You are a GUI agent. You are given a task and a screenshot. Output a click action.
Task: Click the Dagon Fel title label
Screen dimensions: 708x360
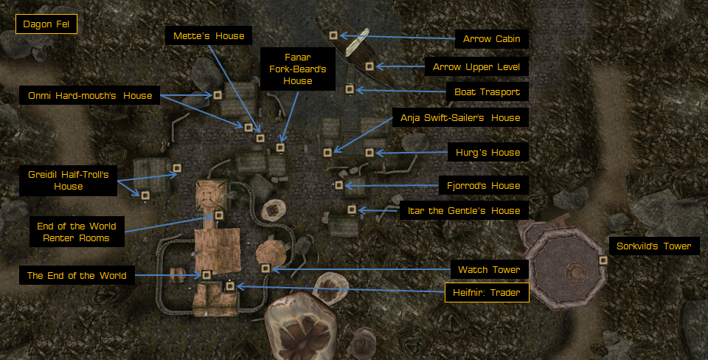pos(46,25)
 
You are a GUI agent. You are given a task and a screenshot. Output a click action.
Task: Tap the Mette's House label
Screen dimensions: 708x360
pos(209,35)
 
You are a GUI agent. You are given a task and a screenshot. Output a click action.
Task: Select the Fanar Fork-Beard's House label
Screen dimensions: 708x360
pos(298,69)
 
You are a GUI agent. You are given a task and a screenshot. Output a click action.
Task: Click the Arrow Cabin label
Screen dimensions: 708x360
pos(491,38)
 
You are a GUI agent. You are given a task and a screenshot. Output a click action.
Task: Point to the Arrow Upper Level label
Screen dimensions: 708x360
pos(476,67)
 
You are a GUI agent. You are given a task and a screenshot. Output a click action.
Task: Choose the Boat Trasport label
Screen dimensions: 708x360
pos(487,92)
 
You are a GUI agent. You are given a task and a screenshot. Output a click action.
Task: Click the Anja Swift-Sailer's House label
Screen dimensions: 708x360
pos(459,117)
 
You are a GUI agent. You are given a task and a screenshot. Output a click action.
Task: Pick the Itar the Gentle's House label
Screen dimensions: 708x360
pos(464,211)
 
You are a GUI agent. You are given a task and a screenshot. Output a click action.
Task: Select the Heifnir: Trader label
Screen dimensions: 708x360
pos(487,293)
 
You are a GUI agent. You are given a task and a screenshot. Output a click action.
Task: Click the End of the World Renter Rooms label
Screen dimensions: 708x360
pos(76,232)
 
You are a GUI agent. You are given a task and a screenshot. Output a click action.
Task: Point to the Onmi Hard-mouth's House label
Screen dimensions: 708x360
pos(89,95)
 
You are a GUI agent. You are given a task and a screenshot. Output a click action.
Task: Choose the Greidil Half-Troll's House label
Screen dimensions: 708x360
pos(68,181)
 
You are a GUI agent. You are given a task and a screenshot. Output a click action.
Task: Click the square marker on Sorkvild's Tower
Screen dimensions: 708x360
pos(603,260)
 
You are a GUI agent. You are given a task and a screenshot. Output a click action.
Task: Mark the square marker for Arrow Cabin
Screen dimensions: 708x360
pos(333,35)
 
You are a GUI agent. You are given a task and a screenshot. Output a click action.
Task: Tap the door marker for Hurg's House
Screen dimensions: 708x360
pos(369,153)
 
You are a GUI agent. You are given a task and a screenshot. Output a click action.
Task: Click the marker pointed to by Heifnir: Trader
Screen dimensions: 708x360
pos(230,285)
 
